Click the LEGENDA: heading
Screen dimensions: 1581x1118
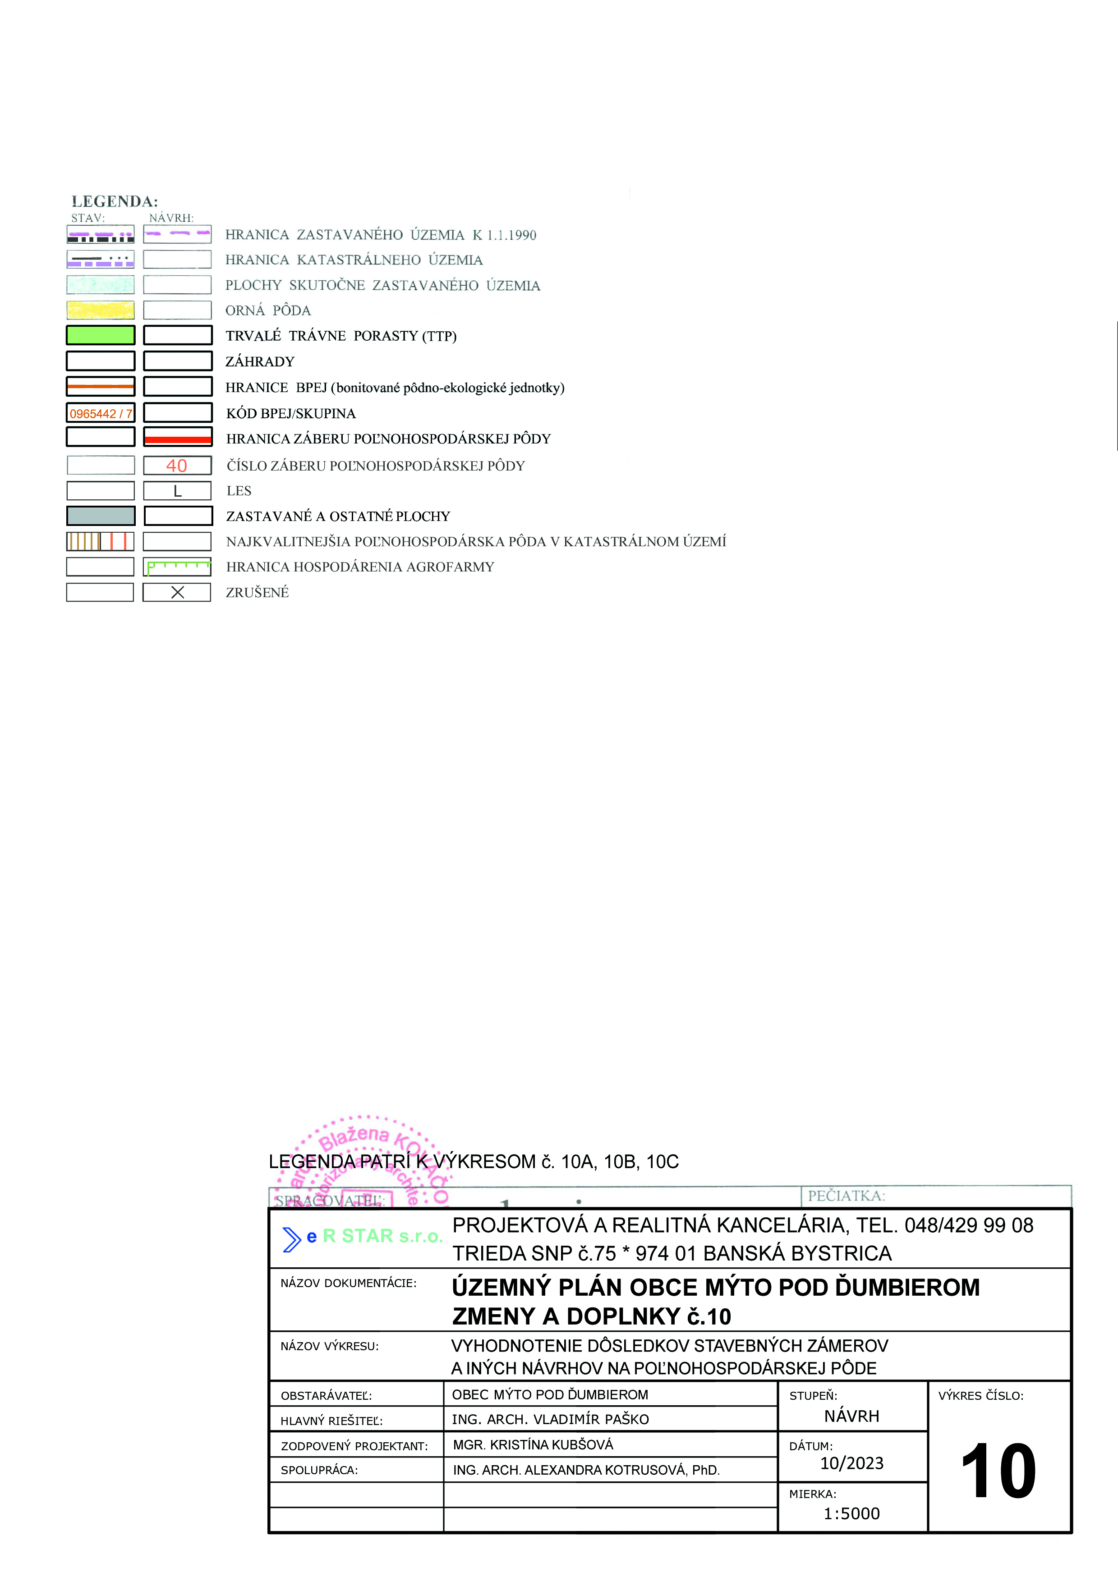(115, 201)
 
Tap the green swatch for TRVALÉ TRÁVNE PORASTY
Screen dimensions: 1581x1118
(101, 335)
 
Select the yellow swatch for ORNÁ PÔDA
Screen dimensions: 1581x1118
(101, 310)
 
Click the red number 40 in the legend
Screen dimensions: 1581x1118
(177, 466)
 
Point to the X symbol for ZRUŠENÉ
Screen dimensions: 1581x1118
(177, 592)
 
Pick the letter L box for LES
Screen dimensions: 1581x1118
(177, 491)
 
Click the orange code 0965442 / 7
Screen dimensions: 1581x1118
(101, 413)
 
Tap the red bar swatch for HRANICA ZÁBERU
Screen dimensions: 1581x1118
(177, 439)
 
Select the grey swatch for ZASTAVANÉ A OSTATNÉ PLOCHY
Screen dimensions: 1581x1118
(101, 516)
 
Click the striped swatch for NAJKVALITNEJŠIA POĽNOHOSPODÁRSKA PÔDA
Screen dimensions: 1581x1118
(101, 541)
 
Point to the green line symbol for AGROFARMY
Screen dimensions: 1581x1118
(177, 567)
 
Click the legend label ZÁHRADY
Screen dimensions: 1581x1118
(260, 361)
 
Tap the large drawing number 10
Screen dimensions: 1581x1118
(998, 1471)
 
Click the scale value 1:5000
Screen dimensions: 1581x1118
(851, 1513)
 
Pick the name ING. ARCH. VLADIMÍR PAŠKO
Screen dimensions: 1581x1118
(550, 1419)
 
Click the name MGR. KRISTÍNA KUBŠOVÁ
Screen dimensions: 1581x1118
(533, 1444)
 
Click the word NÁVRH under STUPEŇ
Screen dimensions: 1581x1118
(851, 1417)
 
